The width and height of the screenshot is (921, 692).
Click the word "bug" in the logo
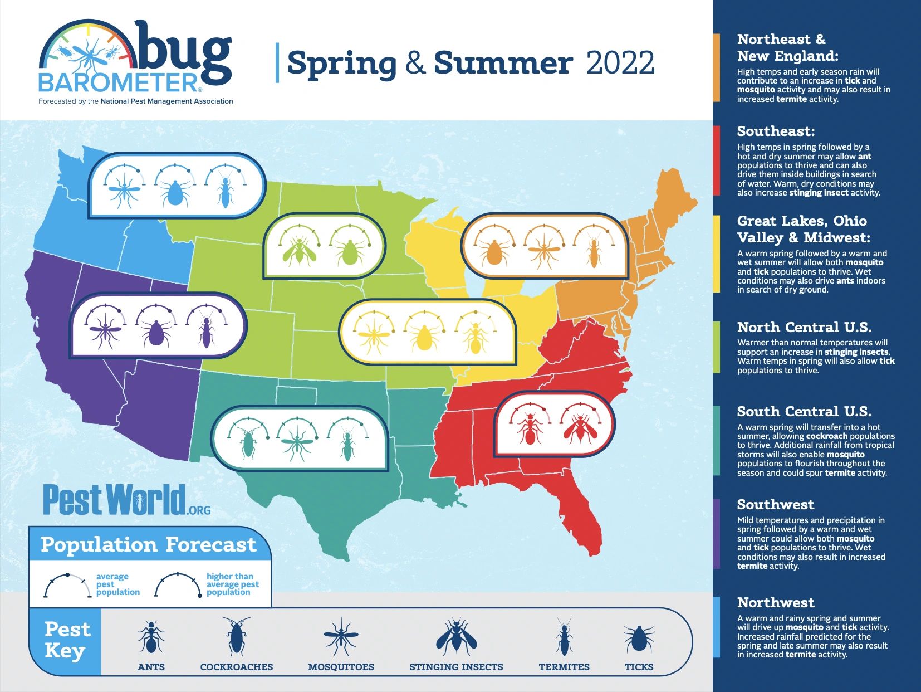(184, 53)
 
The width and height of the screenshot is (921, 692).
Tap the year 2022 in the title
(620, 63)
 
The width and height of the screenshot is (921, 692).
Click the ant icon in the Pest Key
(151, 637)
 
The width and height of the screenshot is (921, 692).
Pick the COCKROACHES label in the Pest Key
(237, 667)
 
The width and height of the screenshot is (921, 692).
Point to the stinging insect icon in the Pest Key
(456, 637)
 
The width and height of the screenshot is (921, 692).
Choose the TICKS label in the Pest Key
(639, 667)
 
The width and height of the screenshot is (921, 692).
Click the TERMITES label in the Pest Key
(564, 667)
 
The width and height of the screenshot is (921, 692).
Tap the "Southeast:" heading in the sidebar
(776, 131)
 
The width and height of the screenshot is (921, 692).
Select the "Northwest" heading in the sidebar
(775, 602)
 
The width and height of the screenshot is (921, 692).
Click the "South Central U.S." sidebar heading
(804, 412)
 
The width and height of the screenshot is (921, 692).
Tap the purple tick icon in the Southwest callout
(155, 332)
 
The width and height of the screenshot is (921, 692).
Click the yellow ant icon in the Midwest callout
(474, 337)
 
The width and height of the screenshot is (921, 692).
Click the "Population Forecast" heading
(149, 544)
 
